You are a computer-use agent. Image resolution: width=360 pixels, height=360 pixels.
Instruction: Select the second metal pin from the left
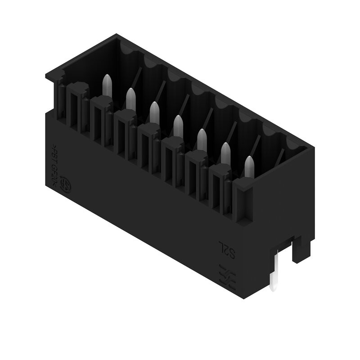coord(130,98)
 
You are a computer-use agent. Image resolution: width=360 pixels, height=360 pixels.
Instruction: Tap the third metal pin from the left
coord(154,111)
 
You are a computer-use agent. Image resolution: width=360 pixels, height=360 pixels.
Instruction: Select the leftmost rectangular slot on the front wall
coord(76,108)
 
